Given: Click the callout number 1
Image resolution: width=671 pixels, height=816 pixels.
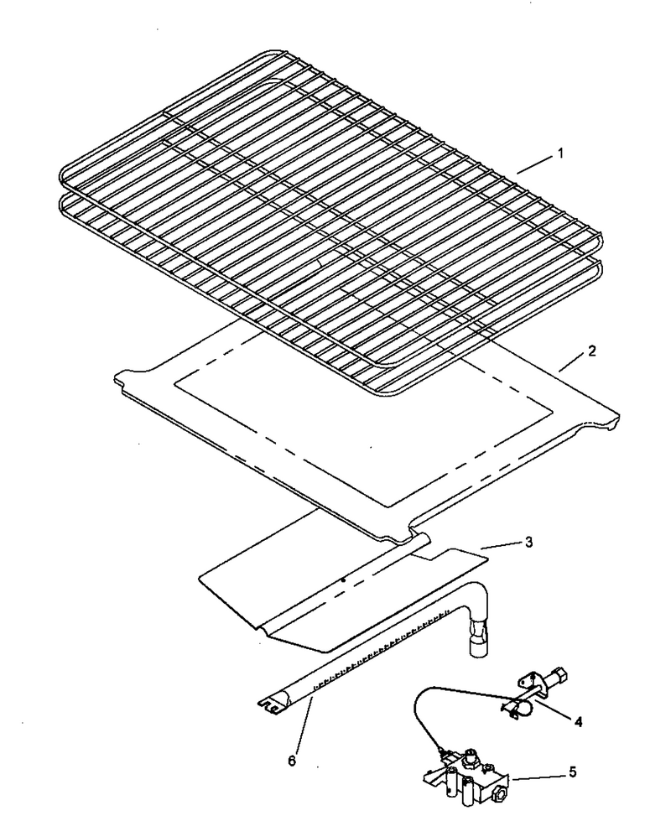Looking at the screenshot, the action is pyautogui.click(x=560, y=153).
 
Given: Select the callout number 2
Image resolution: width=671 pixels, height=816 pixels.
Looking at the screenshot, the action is pyautogui.click(x=591, y=351).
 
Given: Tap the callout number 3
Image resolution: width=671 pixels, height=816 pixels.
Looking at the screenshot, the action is pyautogui.click(x=529, y=542).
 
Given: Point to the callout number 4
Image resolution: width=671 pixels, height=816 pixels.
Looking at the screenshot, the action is pyautogui.click(x=579, y=722).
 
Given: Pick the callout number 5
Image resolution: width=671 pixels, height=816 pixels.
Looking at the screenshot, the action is pyautogui.click(x=573, y=772).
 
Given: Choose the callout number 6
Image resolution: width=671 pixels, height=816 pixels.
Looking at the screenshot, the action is pyautogui.click(x=292, y=761).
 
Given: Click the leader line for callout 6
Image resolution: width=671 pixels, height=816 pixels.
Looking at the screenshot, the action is pyautogui.click(x=304, y=725).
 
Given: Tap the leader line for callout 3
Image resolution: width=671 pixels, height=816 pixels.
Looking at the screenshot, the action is pyautogui.click(x=500, y=545).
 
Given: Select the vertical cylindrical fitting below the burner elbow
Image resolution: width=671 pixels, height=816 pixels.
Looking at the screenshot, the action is pyautogui.click(x=477, y=639).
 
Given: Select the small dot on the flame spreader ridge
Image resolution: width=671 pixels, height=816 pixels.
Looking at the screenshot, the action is pyautogui.click(x=343, y=580).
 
